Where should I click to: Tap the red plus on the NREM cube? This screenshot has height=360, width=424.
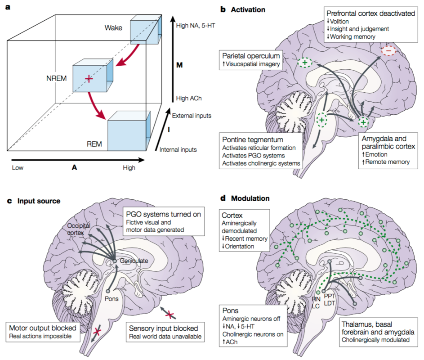89,79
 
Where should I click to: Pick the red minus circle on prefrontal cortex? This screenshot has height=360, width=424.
388,51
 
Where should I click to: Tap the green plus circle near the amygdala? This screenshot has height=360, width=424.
363,122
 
